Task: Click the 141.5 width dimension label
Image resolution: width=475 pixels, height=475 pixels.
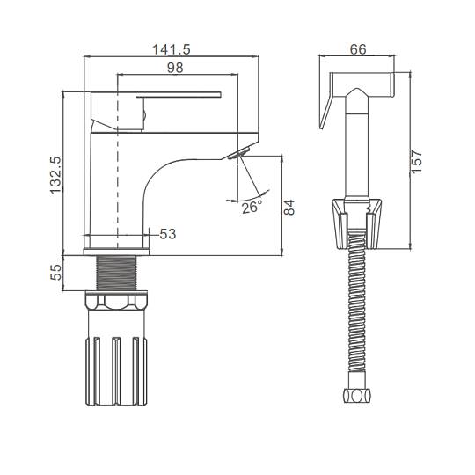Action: [172, 49]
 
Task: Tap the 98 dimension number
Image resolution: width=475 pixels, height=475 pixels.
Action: [175, 68]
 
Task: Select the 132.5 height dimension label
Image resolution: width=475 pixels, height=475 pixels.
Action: [55, 175]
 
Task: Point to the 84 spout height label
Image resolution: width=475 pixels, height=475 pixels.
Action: [289, 208]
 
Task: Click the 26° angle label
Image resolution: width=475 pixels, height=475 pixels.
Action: [252, 207]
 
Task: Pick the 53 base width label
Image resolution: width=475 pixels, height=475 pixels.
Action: [167, 234]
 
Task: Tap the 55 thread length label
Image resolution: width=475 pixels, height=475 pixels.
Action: [55, 273]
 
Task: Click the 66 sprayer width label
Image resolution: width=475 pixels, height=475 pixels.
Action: [358, 49]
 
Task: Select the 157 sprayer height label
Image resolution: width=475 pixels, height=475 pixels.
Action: [417, 161]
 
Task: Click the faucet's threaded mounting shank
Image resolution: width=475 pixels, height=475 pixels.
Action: [116, 273]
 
